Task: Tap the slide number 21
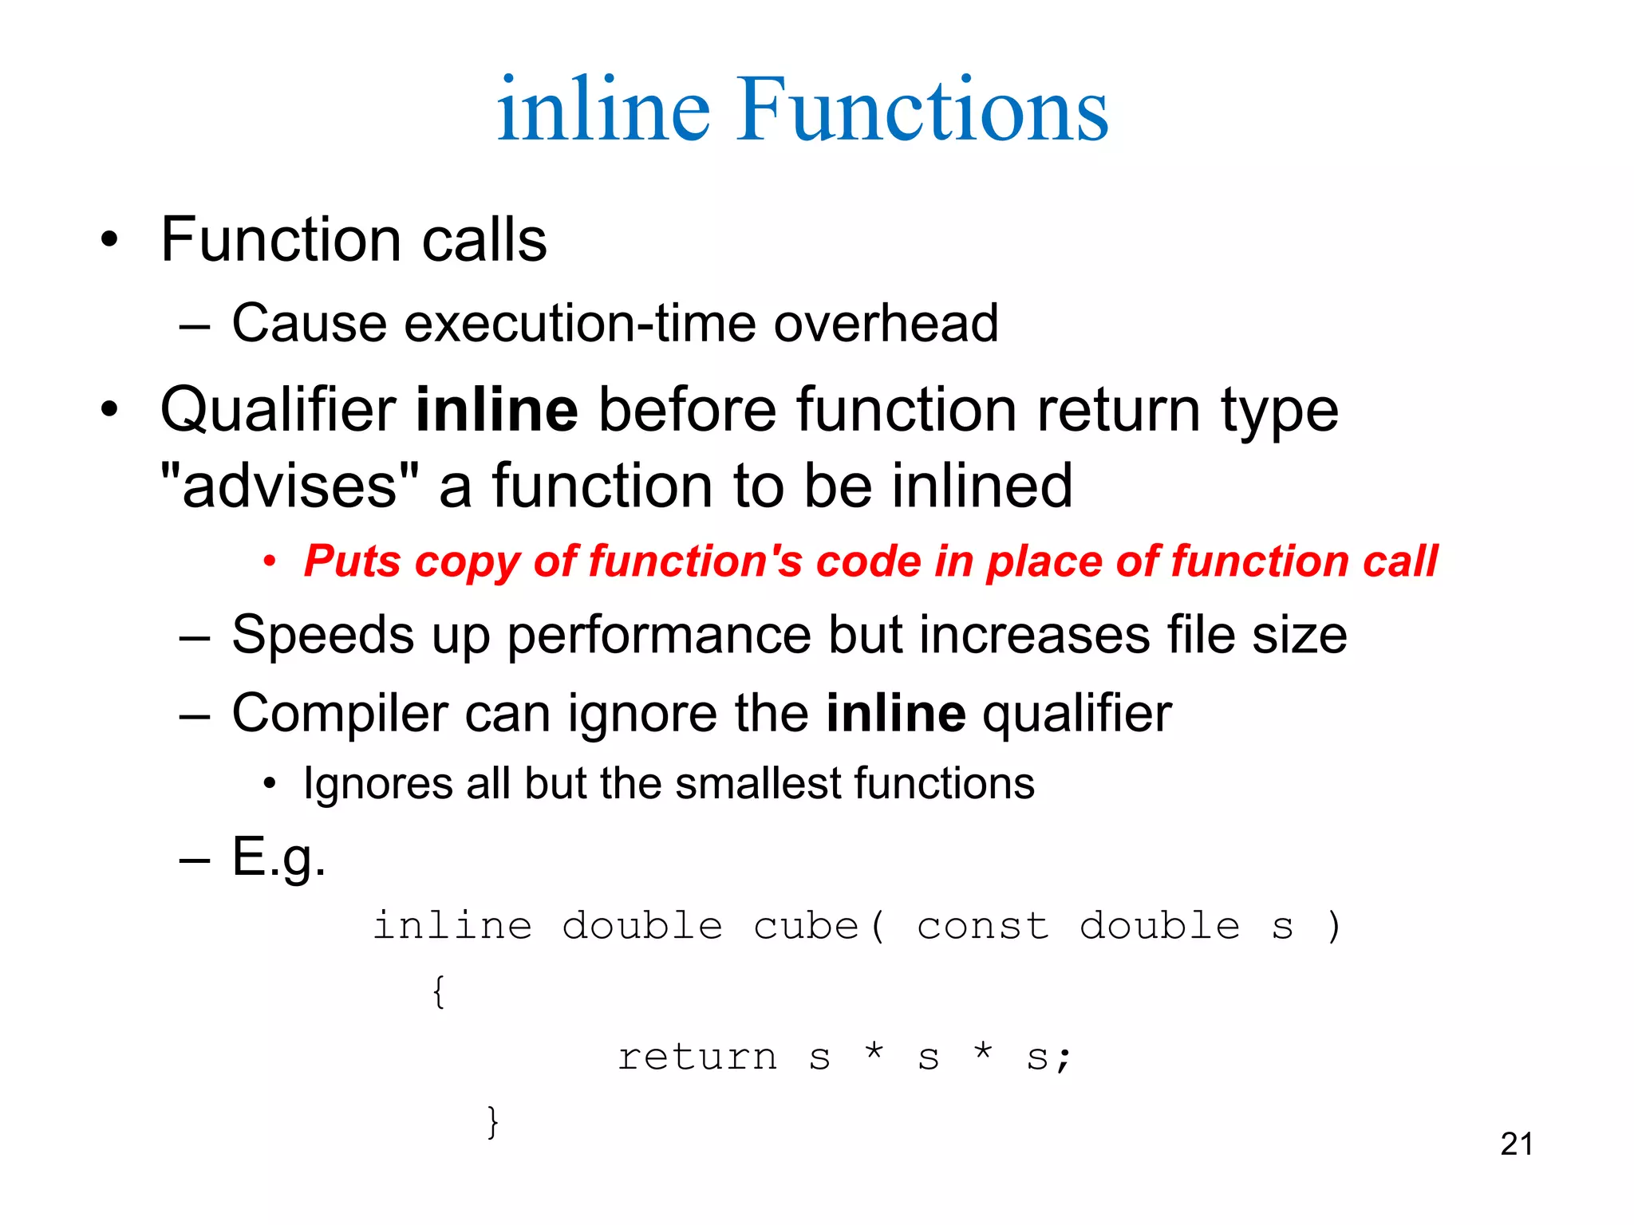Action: tap(1516, 1144)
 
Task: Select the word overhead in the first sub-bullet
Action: tap(886, 323)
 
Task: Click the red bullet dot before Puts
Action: tap(270, 562)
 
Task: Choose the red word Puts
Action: tap(352, 561)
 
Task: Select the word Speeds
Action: tap(322, 635)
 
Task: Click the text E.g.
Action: tap(278, 857)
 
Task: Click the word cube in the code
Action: tap(806, 926)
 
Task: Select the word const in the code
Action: tap(983, 926)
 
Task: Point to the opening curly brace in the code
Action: tap(438, 992)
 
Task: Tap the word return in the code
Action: tap(697, 1058)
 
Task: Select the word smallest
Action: tap(759, 783)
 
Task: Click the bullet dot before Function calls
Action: tap(109, 240)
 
